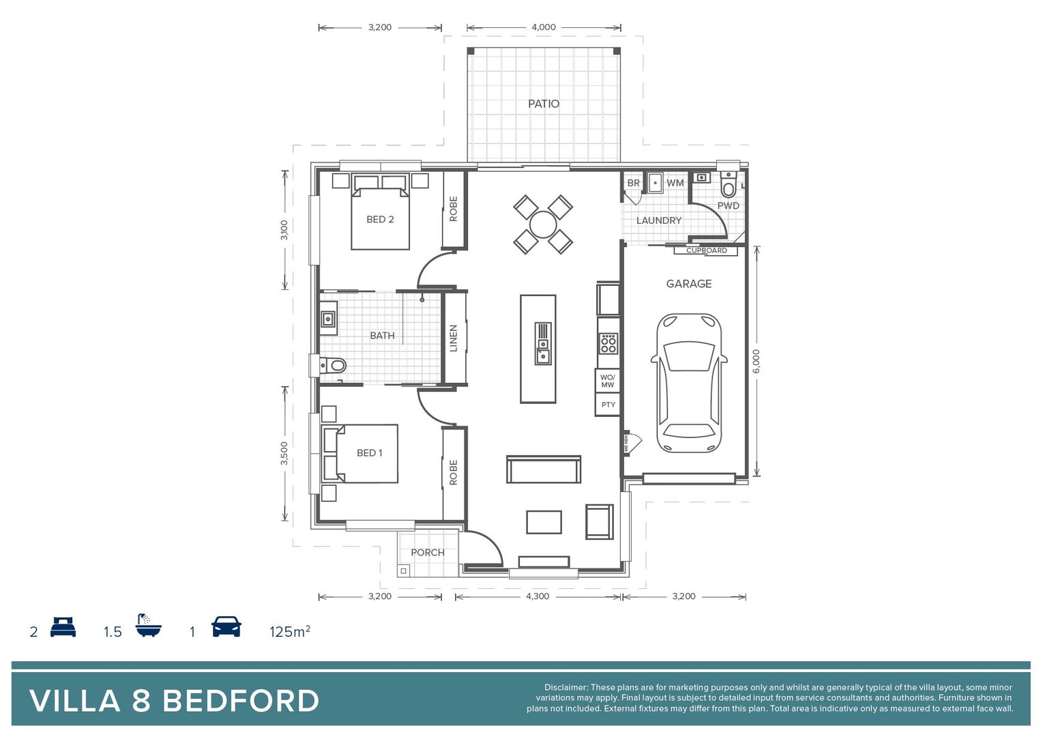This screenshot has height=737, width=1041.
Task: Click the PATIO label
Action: (543, 104)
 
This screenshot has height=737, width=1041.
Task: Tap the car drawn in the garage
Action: (689, 383)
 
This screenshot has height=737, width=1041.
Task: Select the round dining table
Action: (543, 225)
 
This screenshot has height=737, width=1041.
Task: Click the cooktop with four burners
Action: (608, 343)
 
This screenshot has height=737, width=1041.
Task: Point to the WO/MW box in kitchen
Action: (607, 381)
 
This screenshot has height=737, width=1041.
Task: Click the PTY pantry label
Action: (608, 405)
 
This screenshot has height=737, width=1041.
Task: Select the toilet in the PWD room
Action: (729, 186)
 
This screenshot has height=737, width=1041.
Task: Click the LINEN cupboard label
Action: (454, 338)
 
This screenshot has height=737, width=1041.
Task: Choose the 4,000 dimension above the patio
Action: (543, 27)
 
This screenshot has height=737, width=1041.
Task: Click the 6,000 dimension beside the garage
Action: (756, 361)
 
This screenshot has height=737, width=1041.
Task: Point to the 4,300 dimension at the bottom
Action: (537, 596)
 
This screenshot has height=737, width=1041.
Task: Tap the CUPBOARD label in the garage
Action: (706, 250)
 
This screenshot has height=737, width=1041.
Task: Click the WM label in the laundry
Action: (675, 183)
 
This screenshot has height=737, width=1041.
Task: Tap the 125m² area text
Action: (290, 631)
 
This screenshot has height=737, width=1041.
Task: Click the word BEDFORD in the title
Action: (241, 701)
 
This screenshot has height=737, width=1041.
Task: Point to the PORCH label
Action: (427, 553)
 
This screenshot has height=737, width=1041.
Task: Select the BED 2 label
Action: (380, 219)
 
